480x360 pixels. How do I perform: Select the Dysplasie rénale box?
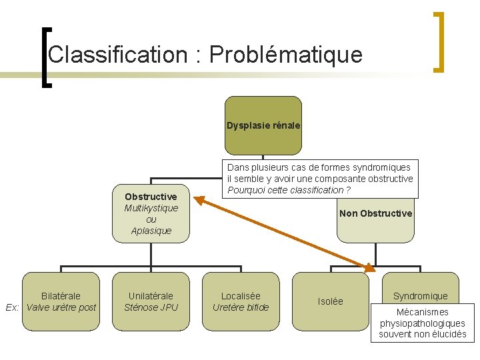click(263, 125)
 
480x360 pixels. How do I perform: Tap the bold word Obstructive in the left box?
click(151, 197)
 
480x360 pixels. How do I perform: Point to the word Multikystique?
click(151, 208)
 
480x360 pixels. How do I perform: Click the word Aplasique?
click(151, 231)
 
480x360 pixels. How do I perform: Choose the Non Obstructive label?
click(375, 213)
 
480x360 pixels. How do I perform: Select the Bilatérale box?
click(61, 295)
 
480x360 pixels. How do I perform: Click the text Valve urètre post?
click(61, 307)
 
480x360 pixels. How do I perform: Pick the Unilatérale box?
click(151, 295)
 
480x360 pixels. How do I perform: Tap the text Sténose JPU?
click(151, 307)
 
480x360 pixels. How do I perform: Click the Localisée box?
click(241, 295)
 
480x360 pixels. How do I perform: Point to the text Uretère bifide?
click(241, 307)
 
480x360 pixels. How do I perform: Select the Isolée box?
click(331, 301)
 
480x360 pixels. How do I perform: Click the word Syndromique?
click(420, 295)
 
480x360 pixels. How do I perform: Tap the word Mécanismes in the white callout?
click(422, 312)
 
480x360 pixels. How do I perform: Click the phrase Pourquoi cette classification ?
click(289, 190)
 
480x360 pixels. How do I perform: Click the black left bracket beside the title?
click(45, 57)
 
